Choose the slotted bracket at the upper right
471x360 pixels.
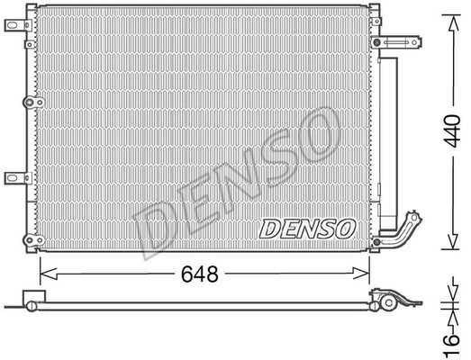[397, 42]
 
